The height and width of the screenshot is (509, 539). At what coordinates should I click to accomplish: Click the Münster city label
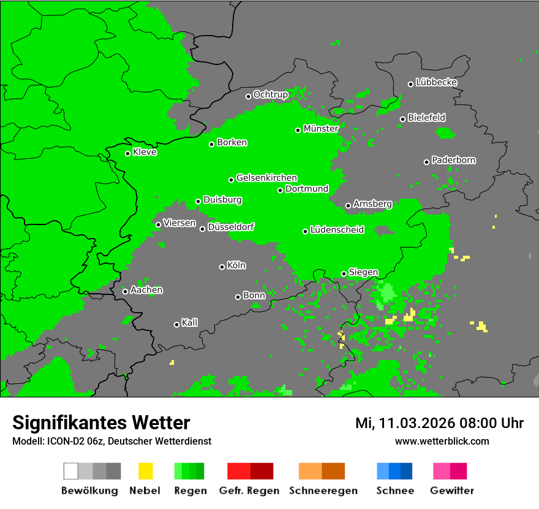(321, 129)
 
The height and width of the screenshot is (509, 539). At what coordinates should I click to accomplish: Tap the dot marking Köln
(222, 267)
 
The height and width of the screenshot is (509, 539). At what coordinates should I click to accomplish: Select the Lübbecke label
(437, 82)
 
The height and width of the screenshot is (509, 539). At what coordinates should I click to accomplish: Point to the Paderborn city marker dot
(426, 162)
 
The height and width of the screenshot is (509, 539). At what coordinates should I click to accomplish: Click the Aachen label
(146, 290)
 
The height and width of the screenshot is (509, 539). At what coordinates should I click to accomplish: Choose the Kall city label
(190, 323)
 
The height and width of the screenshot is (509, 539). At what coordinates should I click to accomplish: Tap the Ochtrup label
(271, 94)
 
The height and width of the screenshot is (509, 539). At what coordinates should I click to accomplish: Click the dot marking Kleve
(127, 153)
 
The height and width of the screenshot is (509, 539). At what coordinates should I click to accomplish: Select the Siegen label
(363, 272)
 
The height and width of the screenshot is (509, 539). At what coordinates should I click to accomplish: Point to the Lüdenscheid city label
(337, 230)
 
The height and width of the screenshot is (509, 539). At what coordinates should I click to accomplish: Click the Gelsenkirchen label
(266, 178)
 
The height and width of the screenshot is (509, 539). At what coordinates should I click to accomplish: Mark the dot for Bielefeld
(402, 119)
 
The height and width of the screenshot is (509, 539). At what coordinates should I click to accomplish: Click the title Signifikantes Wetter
(101, 423)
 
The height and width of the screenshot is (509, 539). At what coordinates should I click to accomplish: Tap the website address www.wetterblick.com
(442, 442)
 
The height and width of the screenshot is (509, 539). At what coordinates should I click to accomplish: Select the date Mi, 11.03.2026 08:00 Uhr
(439, 423)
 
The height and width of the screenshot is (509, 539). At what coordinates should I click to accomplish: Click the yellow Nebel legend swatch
(146, 471)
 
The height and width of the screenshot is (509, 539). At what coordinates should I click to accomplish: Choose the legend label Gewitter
(452, 491)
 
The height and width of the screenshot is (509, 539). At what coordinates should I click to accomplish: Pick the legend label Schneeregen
(323, 491)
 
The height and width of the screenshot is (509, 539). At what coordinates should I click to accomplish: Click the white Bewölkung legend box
(71, 471)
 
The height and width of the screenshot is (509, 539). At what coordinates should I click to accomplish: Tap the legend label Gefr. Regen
(249, 491)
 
